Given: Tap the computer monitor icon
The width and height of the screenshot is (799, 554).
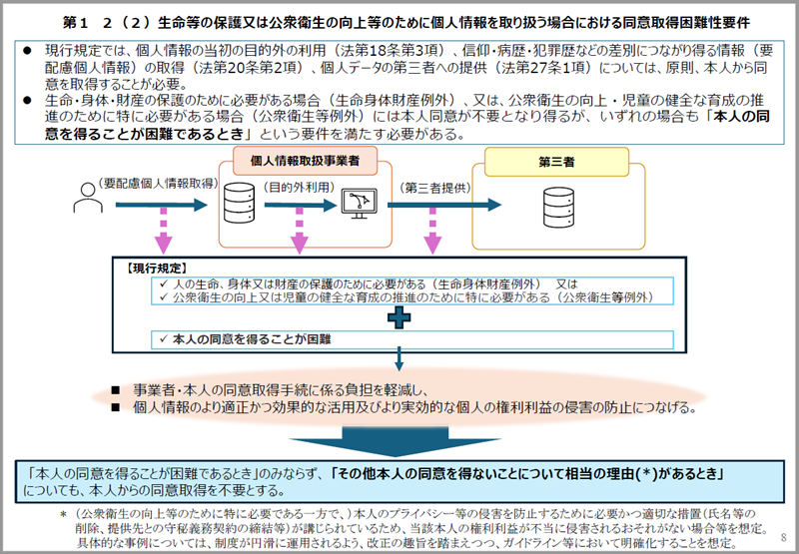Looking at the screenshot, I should click(356, 204).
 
